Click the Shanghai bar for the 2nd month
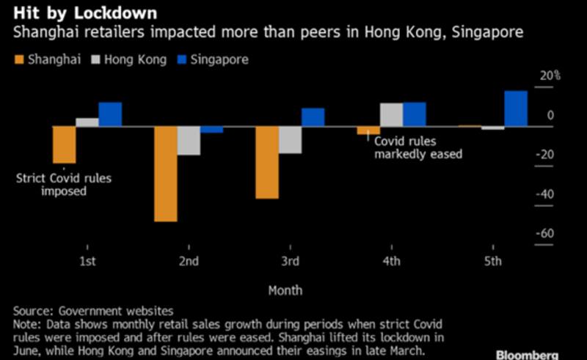pyautogui.click(x=165, y=173)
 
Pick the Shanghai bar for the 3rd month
pyautogui.click(x=267, y=162)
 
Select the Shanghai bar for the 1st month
pyautogui.click(x=64, y=144)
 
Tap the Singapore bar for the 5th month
pyautogui.click(x=515, y=109)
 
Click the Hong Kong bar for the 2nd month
pyautogui.click(x=189, y=140)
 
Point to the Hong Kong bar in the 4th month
pyautogui.click(x=391, y=114)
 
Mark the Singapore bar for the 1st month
pyautogui.click(x=110, y=114)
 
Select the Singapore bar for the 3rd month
pyautogui.click(x=313, y=117)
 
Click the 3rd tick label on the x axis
pyautogui.click(x=290, y=262)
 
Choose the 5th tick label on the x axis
pyautogui.click(x=493, y=262)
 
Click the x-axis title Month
pyautogui.click(x=285, y=290)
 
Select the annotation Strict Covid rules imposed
pyautogui.click(x=65, y=185)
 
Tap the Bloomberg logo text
pyautogui.click(x=537, y=354)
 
